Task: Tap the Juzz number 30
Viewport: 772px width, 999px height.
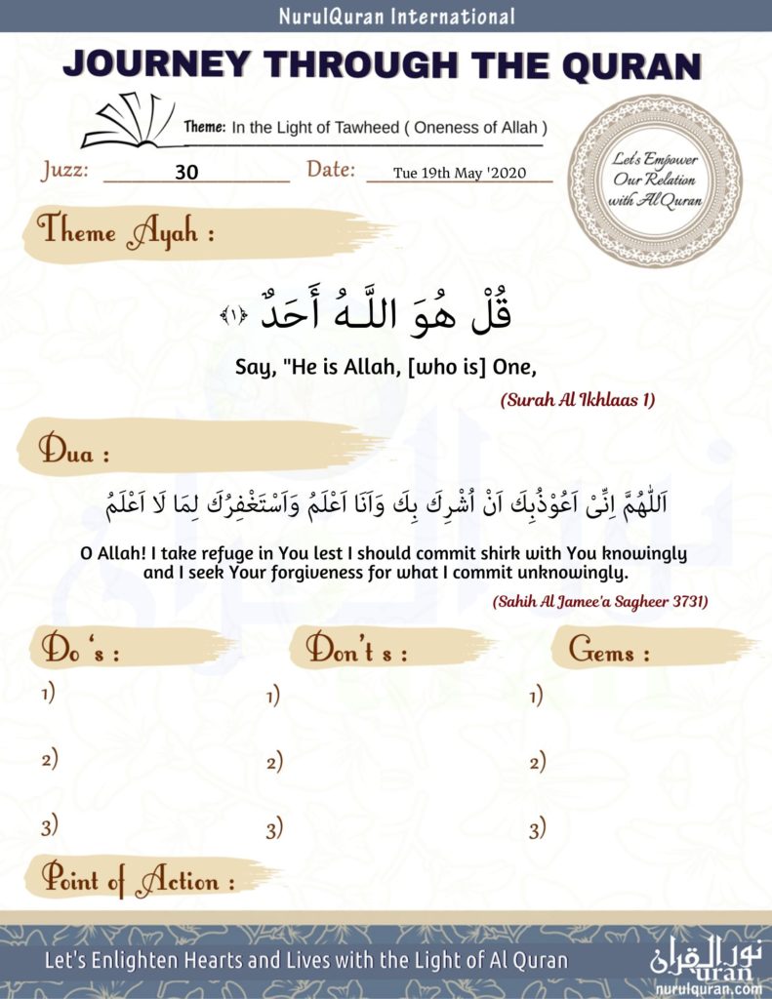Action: click(187, 173)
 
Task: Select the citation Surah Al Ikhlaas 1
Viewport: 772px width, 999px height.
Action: click(578, 400)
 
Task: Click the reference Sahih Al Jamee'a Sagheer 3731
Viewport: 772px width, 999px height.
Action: click(599, 601)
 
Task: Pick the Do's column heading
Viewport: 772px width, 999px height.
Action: click(81, 650)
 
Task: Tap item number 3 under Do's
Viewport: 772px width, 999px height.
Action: click(50, 828)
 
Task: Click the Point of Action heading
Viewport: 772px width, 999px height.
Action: click(137, 881)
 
